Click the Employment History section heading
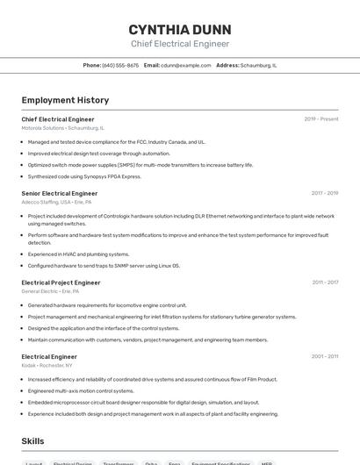click(x=65, y=100)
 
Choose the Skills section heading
click(x=32, y=441)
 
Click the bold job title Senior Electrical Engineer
click(x=60, y=193)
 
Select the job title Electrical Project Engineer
click(x=61, y=283)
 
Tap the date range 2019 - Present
click(x=320, y=119)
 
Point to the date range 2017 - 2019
click(x=324, y=193)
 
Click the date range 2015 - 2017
click(x=324, y=283)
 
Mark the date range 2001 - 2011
click(x=324, y=357)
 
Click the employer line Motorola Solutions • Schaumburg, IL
click(x=62, y=128)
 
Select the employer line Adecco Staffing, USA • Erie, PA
click(x=56, y=202)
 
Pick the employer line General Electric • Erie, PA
click(x=51, y=291)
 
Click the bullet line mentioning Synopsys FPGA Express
click(x=84, y=176)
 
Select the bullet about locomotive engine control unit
click(x=107, y=305)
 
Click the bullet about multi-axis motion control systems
click(x=81, y=390)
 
